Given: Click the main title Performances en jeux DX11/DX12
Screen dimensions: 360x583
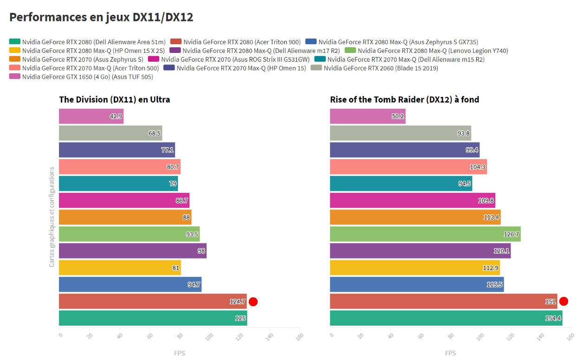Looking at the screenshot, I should click(101, 18).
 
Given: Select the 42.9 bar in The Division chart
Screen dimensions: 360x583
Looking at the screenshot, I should click(91, 116).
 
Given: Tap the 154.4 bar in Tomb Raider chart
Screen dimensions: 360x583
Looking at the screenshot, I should click(446, 318).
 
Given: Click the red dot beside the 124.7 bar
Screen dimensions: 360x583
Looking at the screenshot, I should click(253, 302).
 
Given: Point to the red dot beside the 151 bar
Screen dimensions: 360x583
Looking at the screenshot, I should click(564, 302).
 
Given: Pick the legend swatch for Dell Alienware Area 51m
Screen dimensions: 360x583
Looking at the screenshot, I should click(15, 42).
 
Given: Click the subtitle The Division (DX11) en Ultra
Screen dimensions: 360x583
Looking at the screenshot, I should click(114, 99).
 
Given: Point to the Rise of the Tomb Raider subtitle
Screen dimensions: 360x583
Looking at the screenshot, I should click(404, 99).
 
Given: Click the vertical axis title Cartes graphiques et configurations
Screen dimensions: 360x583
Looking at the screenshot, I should click(52, 217).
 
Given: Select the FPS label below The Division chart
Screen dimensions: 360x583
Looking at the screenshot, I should click(179, 353).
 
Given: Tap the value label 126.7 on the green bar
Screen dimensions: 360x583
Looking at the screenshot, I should click(511, 234).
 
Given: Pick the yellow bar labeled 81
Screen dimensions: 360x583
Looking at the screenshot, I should click(119, 268).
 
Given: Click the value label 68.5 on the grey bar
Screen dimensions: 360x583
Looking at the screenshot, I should click(154, 133).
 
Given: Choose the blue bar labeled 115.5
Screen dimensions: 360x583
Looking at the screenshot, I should click(416, 284).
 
